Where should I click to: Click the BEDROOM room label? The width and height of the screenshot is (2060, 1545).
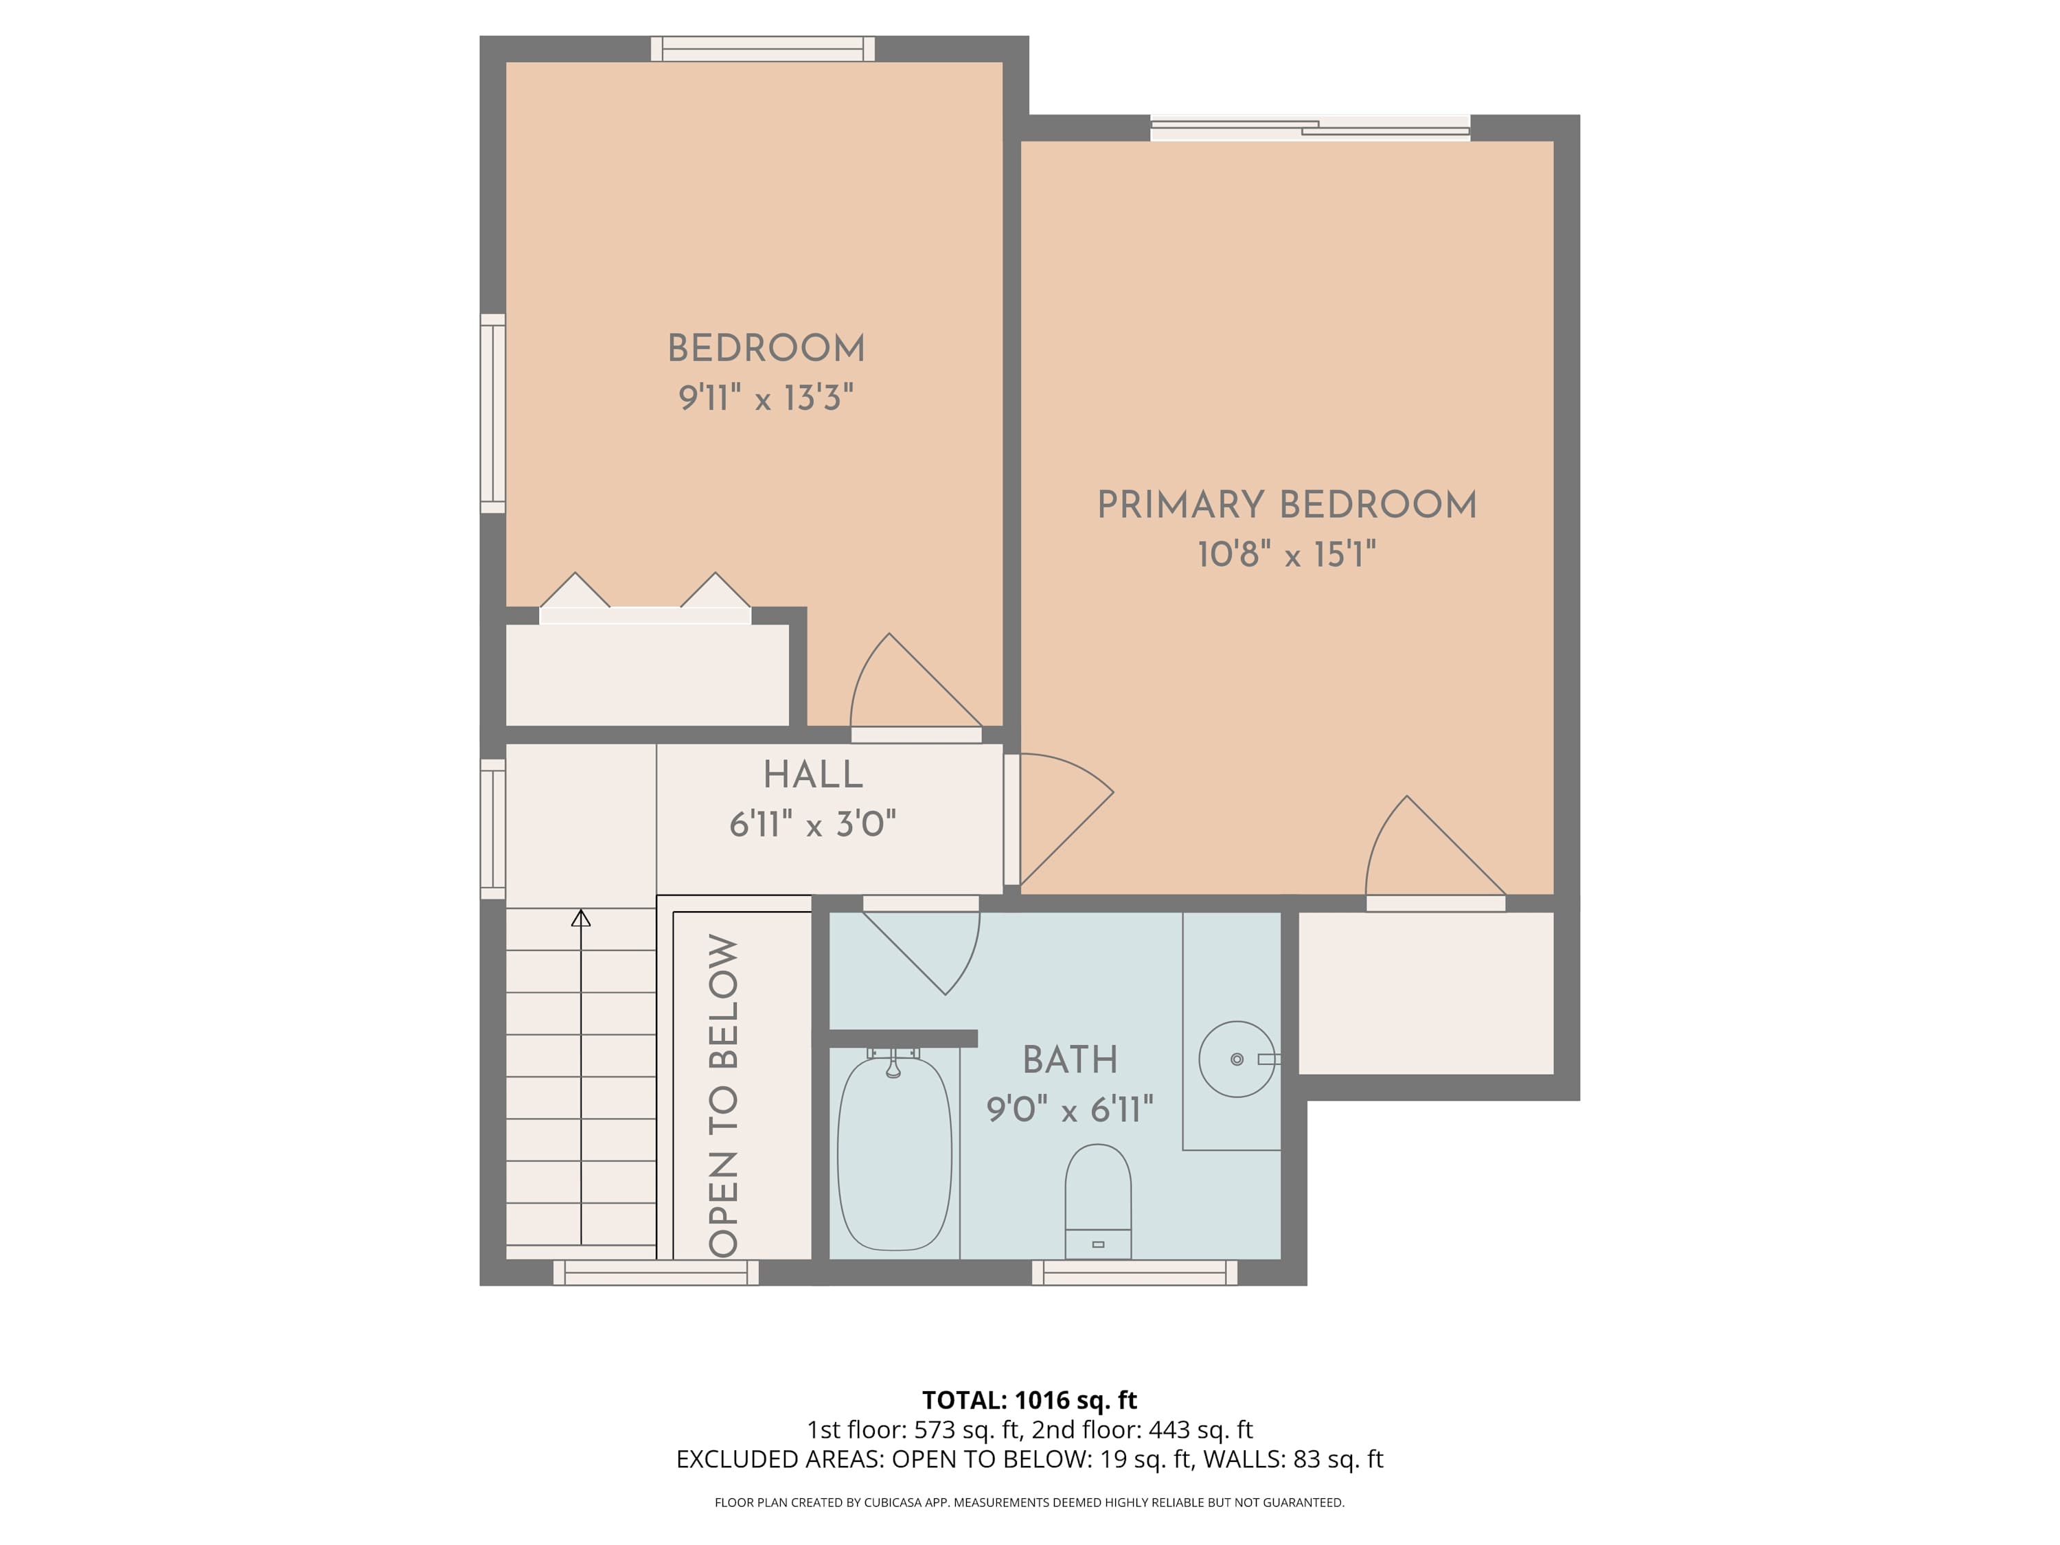766,348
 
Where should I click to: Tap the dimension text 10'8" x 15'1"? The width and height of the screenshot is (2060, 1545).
1286,555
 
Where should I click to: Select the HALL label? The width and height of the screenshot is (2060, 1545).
812,775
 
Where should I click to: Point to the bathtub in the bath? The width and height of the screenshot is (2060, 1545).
894,1155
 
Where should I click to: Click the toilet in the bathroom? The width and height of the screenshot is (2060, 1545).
1098,1202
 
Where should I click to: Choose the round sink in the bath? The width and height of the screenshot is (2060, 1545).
1236,1059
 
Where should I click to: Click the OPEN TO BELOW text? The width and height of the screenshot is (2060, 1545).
724,1095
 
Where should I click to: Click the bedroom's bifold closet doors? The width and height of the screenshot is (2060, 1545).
645,601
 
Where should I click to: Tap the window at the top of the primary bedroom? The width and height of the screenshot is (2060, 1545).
1309,128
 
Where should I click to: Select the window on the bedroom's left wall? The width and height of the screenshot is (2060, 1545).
492,413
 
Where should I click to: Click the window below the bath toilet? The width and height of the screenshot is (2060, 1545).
1134,1273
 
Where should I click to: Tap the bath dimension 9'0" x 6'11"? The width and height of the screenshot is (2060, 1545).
1069,1109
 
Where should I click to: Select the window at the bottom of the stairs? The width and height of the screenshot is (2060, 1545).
656,1273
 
